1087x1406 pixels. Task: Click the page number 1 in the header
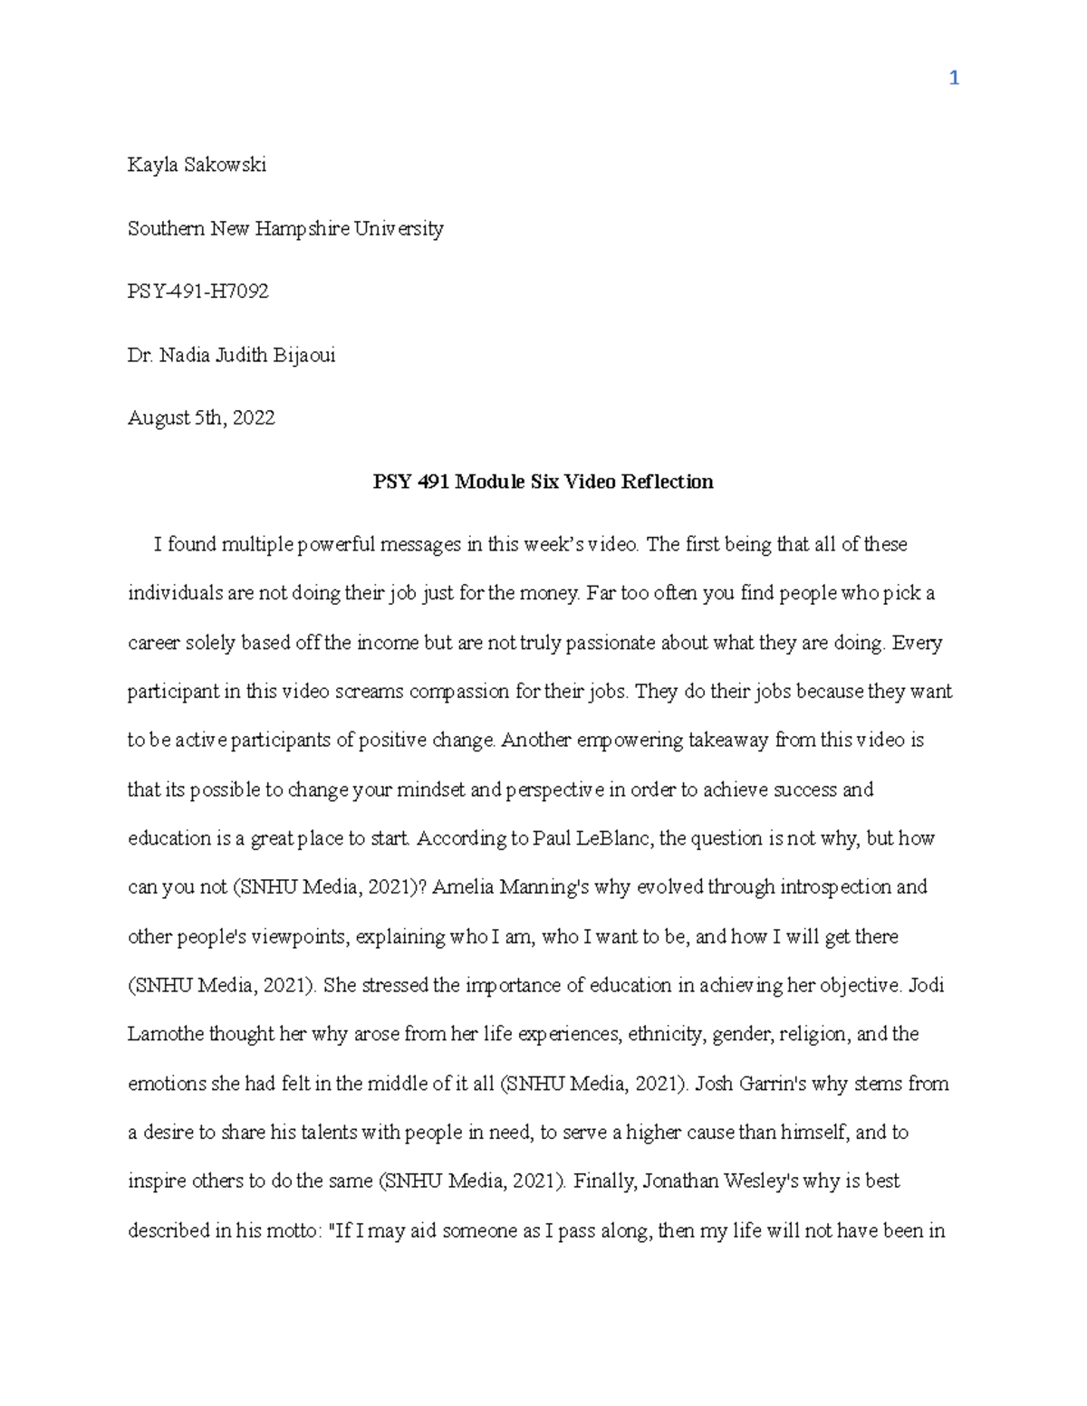click(953, 79)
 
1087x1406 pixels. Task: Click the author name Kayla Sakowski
click(197, 165)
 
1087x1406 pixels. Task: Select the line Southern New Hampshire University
click(285, 228)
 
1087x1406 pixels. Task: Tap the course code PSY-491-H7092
click(198, 292)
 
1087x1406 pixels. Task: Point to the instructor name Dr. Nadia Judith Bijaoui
click(231, 355)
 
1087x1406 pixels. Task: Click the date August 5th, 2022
click(201, 417)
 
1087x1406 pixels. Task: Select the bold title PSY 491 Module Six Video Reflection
click(543, 482)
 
